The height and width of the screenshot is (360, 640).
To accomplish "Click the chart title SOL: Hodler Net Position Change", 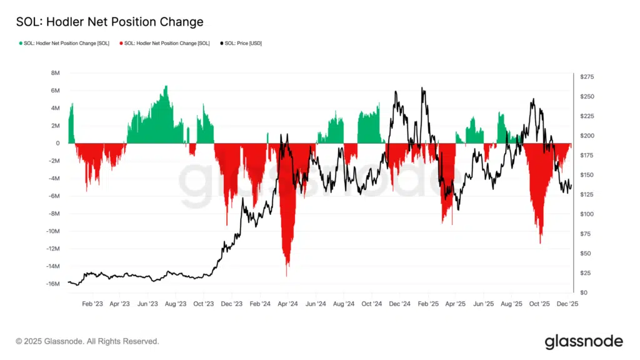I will coord(109,22).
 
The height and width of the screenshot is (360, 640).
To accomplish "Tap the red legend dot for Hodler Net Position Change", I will coord(121,43).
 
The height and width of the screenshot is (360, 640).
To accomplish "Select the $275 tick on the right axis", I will coord(587,77).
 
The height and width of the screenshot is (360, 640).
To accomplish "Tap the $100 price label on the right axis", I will coord(587,214).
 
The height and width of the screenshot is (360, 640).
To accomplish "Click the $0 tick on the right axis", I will coord(583,292).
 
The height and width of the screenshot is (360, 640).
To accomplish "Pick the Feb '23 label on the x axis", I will coord(92,304).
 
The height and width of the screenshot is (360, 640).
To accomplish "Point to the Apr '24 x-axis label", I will coord(287,304).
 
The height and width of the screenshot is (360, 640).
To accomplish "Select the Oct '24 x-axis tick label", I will coord(371,304).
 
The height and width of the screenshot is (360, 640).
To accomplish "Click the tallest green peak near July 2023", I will coord(166,87).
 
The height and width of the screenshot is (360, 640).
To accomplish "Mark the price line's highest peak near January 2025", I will coord(423,89).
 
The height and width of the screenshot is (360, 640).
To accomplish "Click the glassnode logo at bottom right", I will coord(584,341).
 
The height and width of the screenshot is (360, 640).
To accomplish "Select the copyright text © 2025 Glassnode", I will coord(87,341).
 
